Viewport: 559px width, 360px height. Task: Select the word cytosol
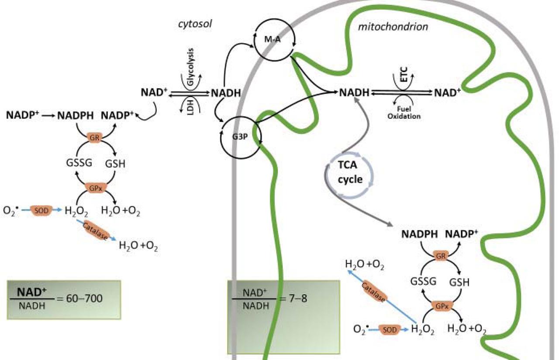click(x=195, y=24)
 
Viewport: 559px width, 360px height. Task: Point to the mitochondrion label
click(x=393, y=27)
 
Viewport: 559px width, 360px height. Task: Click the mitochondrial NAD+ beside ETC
click(x=447, y=93)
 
